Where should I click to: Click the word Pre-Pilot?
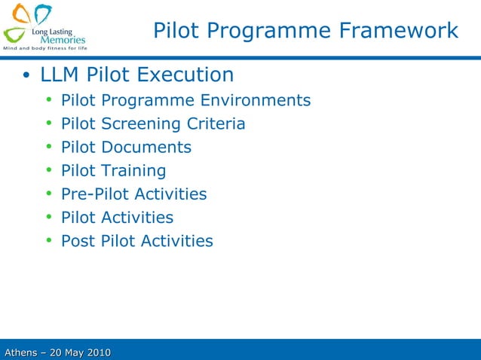click(94, 194)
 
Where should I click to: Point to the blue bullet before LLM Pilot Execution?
click(26, 76)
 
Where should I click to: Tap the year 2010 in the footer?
click(97, 352)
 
